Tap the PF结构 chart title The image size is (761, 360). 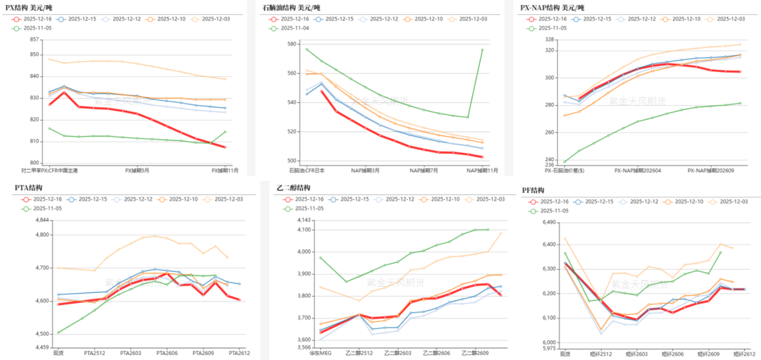pyautogui.click(x=533, y=190)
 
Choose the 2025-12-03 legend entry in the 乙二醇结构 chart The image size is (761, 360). pyautogui.click(x=487, y=199)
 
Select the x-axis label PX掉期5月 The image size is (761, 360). pyautogui.click(x=138, y=170)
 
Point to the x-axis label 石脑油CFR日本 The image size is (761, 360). pyautogui.click(x=307, y=170)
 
